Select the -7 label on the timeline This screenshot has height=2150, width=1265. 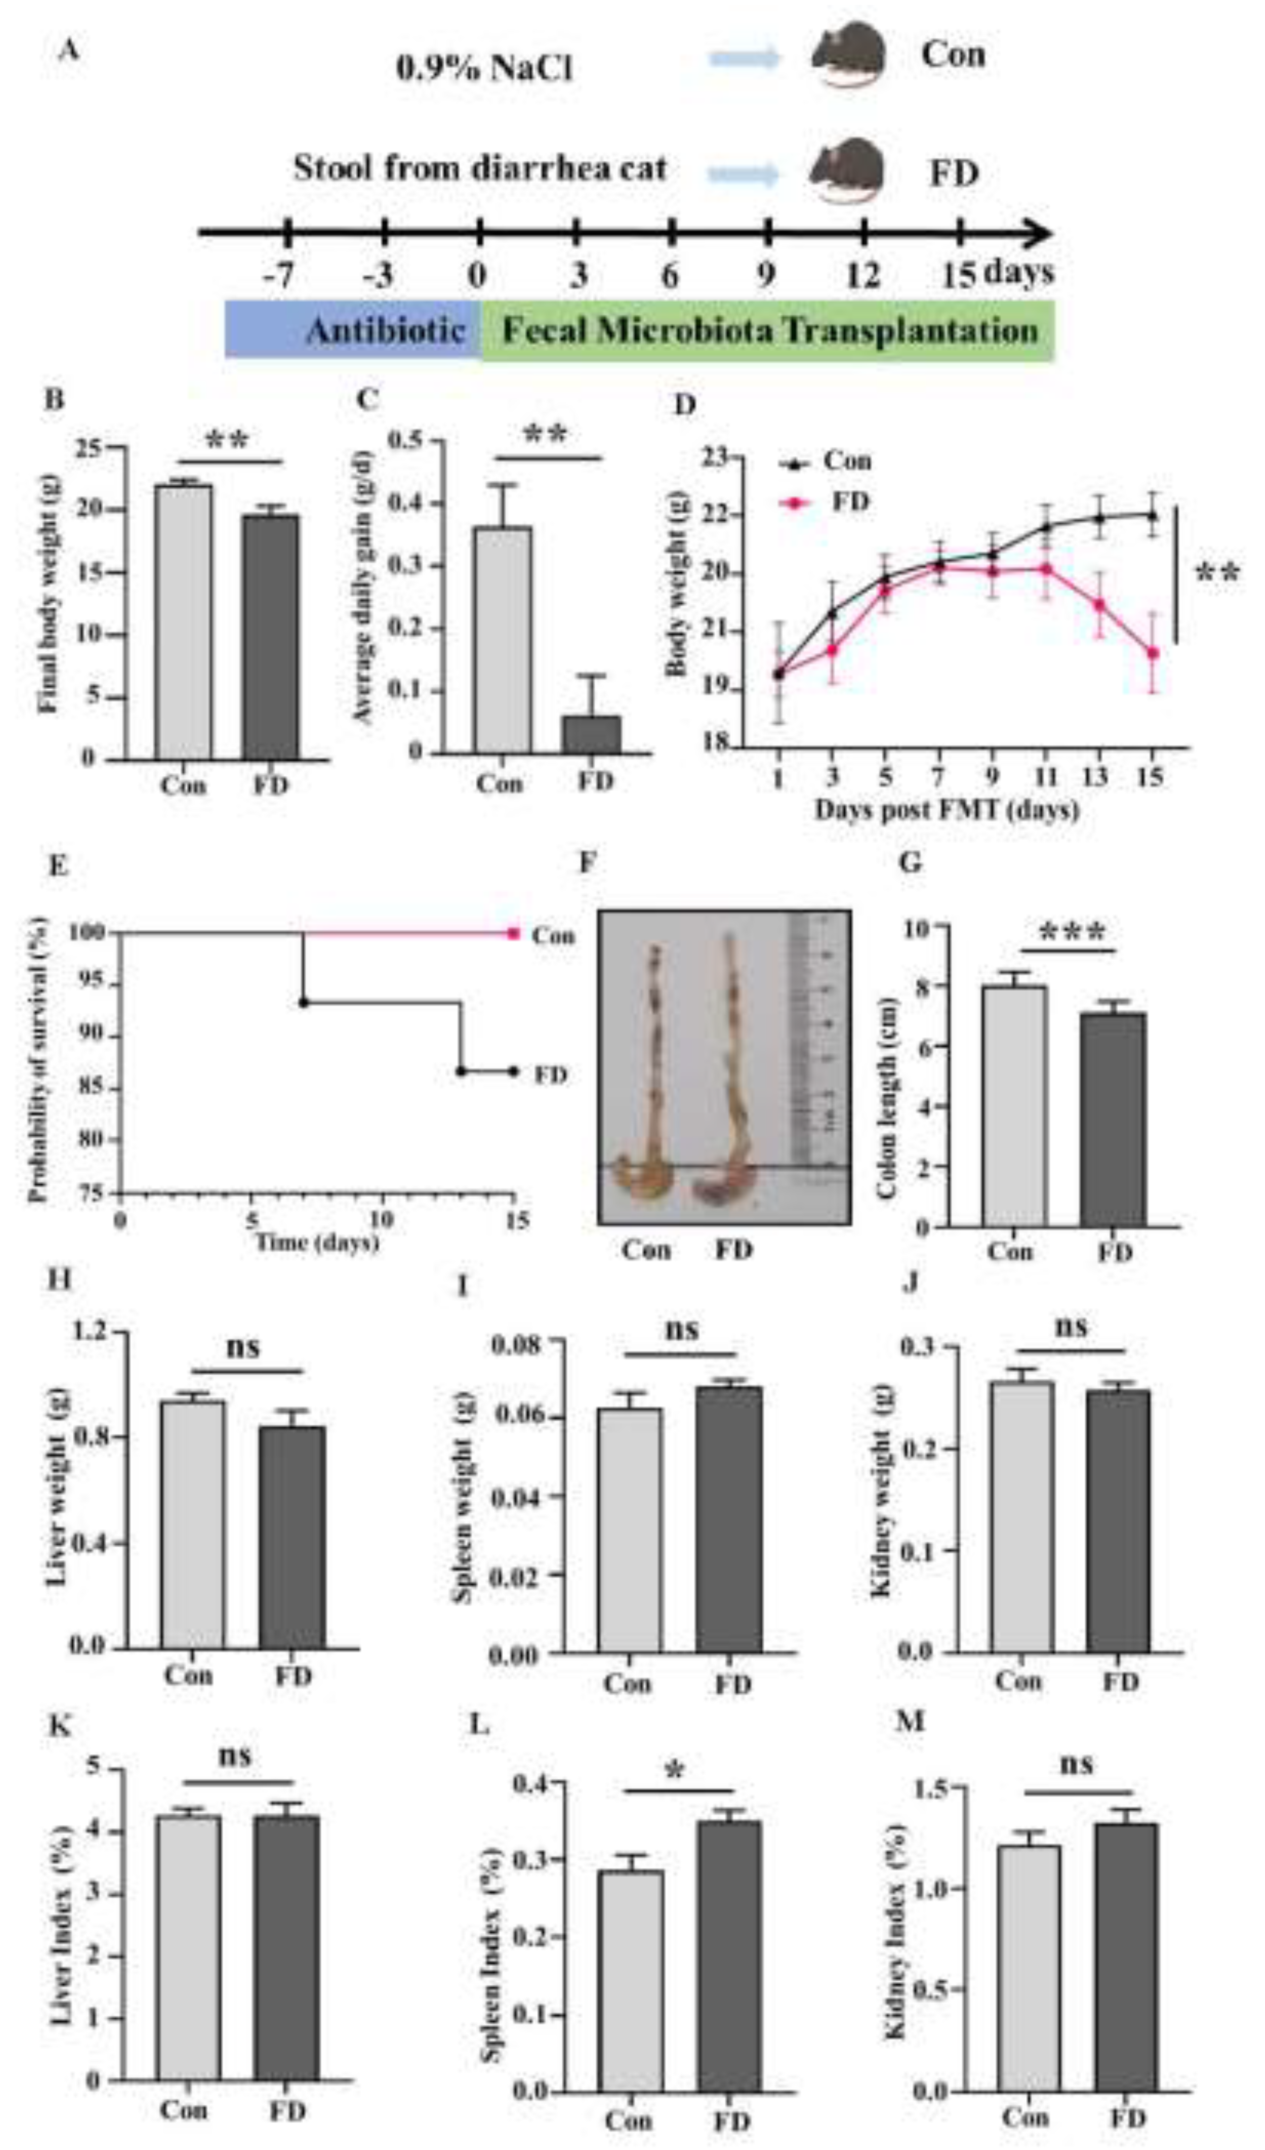pyautogui.click(x=279, y=276)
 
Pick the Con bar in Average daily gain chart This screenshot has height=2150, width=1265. pyautogui.click(x=503, y=640)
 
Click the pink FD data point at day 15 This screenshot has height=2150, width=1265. pyautogui.click(x=1152, y=653)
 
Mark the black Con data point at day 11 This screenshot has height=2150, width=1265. pyautogui.click(x=1047, y=527)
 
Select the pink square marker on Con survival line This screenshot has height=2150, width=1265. pyautogui.click(x=513, y=933)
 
